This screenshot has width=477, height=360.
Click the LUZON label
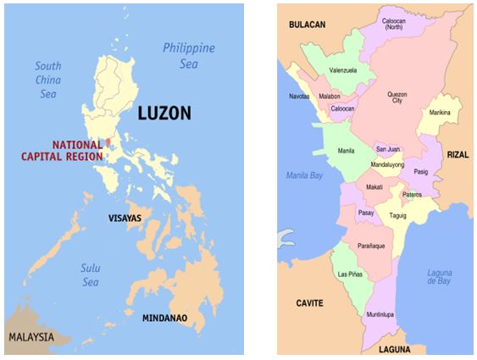click(x=164, y=114)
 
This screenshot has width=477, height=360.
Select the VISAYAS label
click(x=125, y=218)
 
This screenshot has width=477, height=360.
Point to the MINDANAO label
click(x=160, y=318)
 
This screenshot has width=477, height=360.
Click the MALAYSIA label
click(x=31, y=337)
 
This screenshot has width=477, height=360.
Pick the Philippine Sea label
click(x=189, y=55)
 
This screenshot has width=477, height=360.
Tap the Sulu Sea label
click(x=91, y=274)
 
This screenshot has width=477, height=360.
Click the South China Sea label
click(x=47, y=80)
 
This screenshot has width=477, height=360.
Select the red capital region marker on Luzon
click(x=108, y=142)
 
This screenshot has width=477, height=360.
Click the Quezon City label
click(x=397, y=99)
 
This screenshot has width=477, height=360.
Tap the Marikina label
click(x=440, y=112)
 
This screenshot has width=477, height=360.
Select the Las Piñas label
click(x=351, y=274)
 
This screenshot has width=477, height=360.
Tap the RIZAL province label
click(x=458, y=154)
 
